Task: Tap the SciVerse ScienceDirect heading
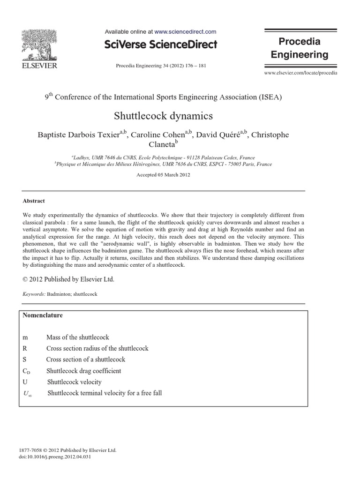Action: (x=161, y=45)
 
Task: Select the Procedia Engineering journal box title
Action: (x=300, y=48)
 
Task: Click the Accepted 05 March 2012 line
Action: (x=163, y=175)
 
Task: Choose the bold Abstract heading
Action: (x=34, y=201)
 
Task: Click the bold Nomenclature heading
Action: (x=43, y=315)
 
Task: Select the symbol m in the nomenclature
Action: (x=25, y=337)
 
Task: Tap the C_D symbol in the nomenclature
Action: (x=26, y=371)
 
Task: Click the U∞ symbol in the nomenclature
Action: (x=27, y=393)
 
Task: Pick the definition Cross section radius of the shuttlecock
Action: (x=97, y=348)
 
